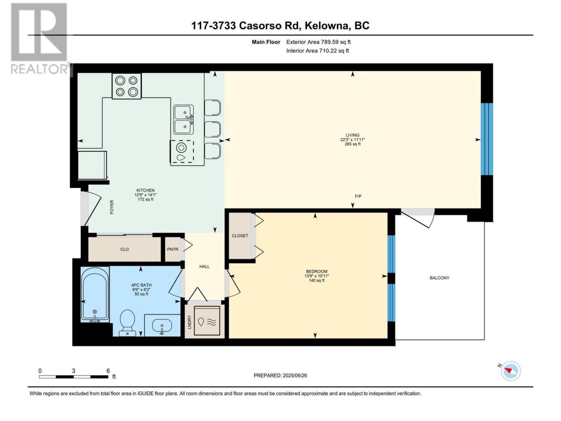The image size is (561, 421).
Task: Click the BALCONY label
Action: [439, 278]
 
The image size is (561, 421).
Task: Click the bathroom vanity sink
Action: [162, 326]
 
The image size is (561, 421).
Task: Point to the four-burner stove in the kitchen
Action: [127, 86]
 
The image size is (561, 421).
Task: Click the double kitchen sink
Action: [184, 120]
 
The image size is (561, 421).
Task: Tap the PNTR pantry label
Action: [173, 249]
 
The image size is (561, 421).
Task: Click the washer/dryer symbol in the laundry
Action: [207, 321]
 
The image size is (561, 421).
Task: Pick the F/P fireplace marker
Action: [358, 196]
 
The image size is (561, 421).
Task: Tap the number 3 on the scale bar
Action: [73, 371]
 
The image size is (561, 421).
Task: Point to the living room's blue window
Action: [487, 139]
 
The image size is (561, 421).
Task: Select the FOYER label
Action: [112, 207]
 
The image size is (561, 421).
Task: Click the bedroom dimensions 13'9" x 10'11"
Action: [316, 276]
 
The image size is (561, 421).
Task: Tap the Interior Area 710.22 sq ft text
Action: [317, 50]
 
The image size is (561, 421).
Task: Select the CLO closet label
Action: [124, 249]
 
